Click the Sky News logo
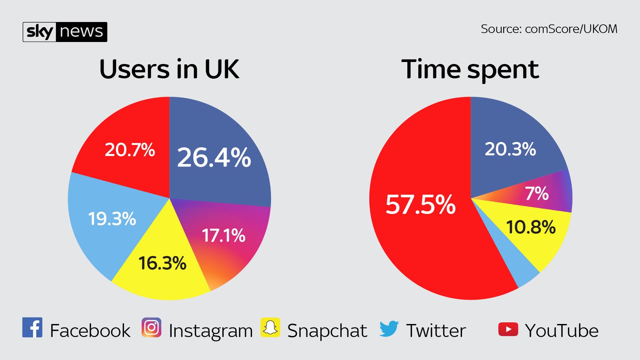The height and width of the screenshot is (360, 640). click(x=65, y=32)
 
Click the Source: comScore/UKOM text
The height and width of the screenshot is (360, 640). click(x=549, y=29)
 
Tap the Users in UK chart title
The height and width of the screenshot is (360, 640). click(x=169, y=70)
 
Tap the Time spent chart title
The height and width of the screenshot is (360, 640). click(x=470, y=70)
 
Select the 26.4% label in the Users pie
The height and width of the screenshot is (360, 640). click(x=214, y=157)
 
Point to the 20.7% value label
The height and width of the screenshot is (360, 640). click(x=130, y=150)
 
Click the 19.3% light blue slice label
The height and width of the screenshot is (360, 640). click(x=112, y=219)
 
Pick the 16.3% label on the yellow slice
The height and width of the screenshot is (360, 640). click(x=162, y=263)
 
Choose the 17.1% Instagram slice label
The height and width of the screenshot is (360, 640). click(x=223, y=236)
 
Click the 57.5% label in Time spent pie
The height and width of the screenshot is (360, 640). click(x=420, y=204)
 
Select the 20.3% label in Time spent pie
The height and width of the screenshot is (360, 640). click(x=510, y=149)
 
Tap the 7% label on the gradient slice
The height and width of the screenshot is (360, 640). click(x=536, y=194)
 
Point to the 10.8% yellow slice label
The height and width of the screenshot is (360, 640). click(x=530, y=227)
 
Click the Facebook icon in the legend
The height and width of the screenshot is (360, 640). click(x=32, y=328)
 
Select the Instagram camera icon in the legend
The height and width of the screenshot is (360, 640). click(x=151, y=328)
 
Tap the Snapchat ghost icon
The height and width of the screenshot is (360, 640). click(x=270, y=328)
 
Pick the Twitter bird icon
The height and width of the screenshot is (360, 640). click(x=389, y=328)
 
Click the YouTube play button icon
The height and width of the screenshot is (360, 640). click(x=508, y=329)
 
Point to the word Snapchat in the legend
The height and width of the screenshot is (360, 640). click(x=327, y=331)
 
